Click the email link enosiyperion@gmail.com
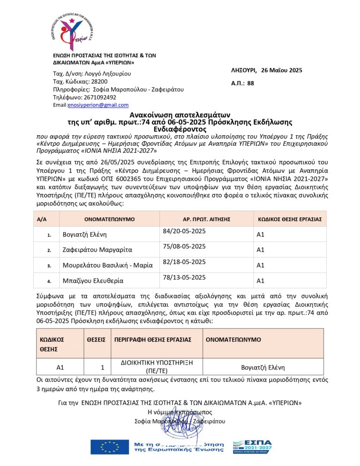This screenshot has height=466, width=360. [x=98, y=105]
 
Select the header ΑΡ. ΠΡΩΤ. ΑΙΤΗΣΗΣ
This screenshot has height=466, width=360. [x=203, y=219]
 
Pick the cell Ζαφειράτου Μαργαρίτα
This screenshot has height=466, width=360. [x=97, y=250]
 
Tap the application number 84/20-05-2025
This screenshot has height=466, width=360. [x=184, y=231]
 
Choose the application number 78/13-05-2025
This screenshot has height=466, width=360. [x=184, y=277]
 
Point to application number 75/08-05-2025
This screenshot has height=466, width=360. [x=184, y=247]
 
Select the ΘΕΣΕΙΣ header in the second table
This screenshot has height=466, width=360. [x=96, y=339]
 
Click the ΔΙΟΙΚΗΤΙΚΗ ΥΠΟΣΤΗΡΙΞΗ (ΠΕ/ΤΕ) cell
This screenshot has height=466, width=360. [x=157, y=366]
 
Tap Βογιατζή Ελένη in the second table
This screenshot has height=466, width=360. [x=264, y=367]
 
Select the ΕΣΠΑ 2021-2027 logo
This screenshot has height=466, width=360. [x=252, y=446]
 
